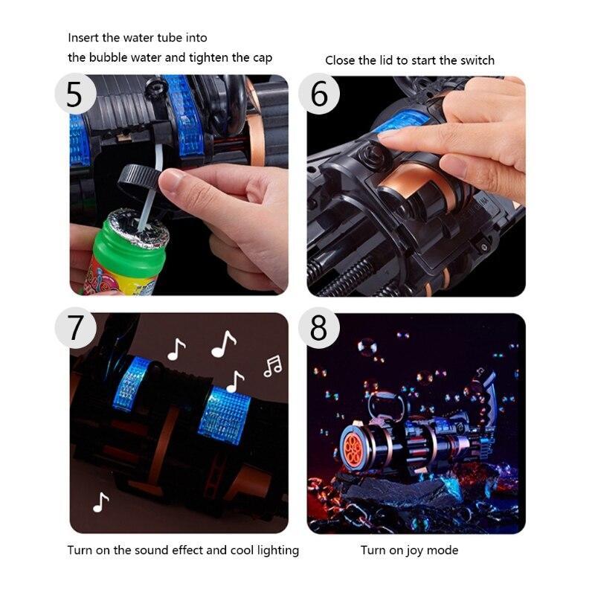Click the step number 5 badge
pyautogui.click(x=75, y=94)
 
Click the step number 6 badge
pyautogui.click(x=319, y=94)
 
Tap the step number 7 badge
pyautogui.click(x=75, y=327)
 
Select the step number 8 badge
pyautogui.click(x=319, y=327)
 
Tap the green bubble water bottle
pyautogui.click(x=121, y=254)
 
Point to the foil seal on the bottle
pyautogui.click(x=138, y=228)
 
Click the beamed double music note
pyautogui.click(x=273, y=366)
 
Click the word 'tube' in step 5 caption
pyautogui.click(x=170, y=38)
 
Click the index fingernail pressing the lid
pyautogui.click(x=389, y=135)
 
